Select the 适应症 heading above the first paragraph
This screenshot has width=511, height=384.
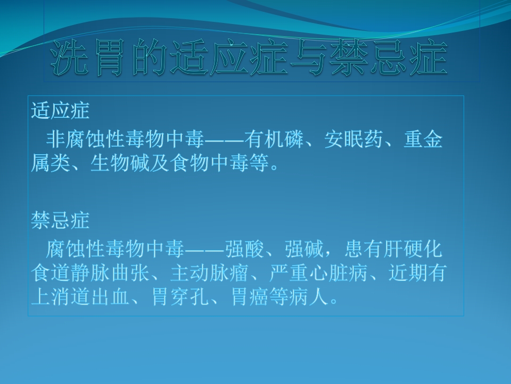point(60,111)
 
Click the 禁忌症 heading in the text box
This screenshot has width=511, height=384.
point(60,220)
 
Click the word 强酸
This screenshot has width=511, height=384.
point(242,249)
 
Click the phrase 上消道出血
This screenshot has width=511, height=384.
point(80,296)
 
